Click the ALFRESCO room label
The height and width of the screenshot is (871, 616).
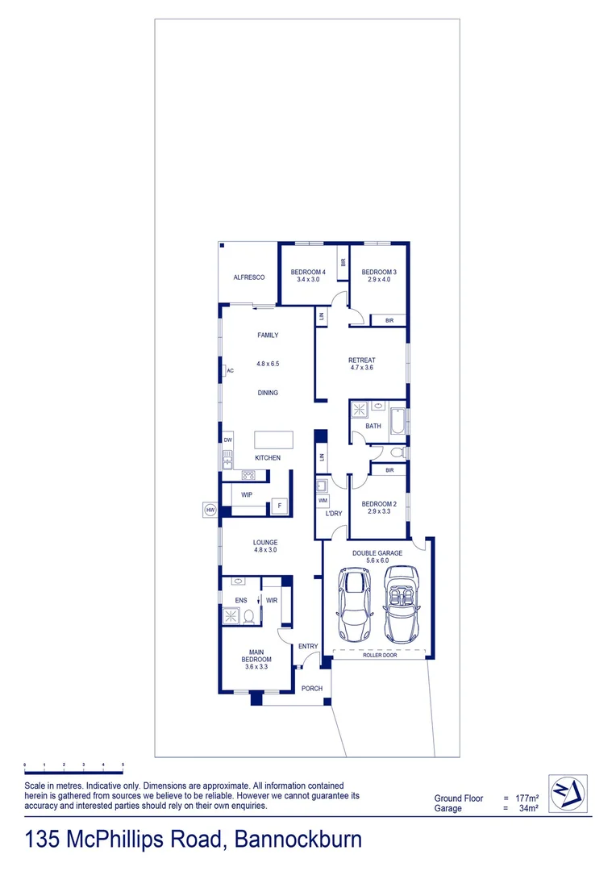tap(249, 277)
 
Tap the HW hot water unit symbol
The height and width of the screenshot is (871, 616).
tap(210, 511)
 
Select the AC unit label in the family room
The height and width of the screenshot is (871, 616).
tap(230, 371)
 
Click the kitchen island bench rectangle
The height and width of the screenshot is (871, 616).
tap(274, 440)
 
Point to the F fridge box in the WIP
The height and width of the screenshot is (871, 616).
tap(280, 506)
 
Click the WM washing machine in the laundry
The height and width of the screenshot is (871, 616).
tap(323, 501)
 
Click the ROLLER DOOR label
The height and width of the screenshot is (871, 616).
tap(378, 656)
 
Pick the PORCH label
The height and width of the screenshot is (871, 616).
tap(312, 688)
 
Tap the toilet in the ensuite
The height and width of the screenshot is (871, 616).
tap(250, 617)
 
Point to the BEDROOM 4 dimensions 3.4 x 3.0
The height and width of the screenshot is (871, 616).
tap(308, 280)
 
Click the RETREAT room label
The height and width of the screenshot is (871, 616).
tap(362, 360)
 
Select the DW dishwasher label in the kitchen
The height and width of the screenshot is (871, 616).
tap(228, 440)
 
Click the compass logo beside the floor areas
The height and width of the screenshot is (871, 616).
tap(568, 794)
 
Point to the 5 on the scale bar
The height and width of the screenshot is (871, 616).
tap(123, 764)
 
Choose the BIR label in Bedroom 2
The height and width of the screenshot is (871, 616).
tap(389, 469)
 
